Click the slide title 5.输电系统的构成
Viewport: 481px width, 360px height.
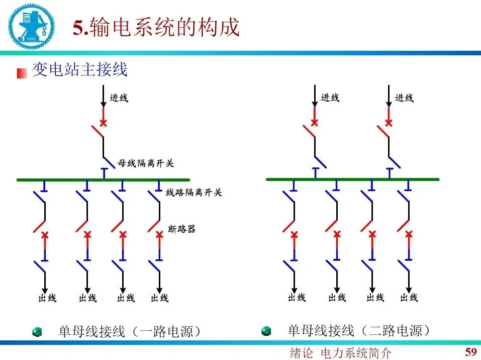point(156,28)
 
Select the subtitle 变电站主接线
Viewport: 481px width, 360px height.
point(80,70)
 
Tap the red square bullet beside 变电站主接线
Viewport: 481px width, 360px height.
point(22,73)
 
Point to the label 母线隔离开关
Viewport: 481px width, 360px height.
point(146,163)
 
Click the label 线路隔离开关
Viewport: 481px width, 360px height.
point(194,192)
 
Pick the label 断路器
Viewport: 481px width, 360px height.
point(181,229)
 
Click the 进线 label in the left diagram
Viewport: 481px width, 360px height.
point(119,98)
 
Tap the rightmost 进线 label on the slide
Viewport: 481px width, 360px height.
point(404,98)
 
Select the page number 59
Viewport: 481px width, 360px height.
point(470,351)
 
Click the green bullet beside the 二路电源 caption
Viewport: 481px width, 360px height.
point(266,331)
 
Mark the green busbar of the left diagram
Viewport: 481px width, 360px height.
point(103,179)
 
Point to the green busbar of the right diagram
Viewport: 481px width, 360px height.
point(352,179)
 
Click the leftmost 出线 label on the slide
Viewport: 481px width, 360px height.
point(47,298)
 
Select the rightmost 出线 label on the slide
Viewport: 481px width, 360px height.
point(409,298)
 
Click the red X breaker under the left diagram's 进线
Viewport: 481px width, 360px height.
point(104,123)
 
